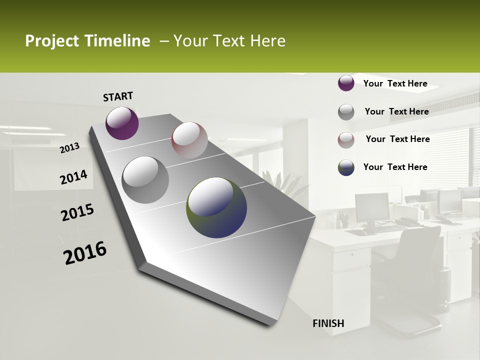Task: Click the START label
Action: pyautogui.click(x=118, y=96)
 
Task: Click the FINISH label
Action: pyautogui.click(x=328, y=323)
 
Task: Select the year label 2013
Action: pyautogui.click(x=69, y=148)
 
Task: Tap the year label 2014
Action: pyautogui.click(x=73, y=177)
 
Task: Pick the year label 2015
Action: pyautogui.click(x=77, y=212)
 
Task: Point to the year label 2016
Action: pyautogui.click(x=85, y=252)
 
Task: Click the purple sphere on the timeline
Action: pyautogui.click(x=122, y=123)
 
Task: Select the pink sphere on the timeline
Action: pyautogui.click(x=189, y=140)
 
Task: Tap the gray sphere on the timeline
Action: pyautogui.click(x=145, y=179)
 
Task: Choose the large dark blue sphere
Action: pyautogui.click(x=216, y=207)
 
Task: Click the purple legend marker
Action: pyautogui.click(x=346, y=83)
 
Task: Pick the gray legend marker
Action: pyautogui.click(x=346, y=112)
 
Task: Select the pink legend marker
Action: pyautogui.click(x=346, y=140)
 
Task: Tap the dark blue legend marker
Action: pyautogui.click(x=346, y=168)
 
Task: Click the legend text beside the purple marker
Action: pyautogui.click(x=395, y=83)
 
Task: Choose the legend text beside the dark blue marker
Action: pyautogui.click(x=395, y=167)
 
